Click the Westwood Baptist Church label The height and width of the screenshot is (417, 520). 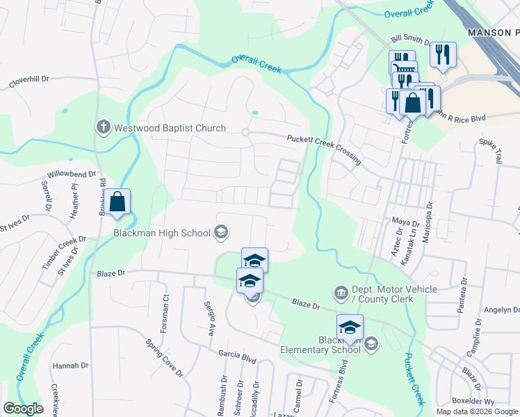point(170,128)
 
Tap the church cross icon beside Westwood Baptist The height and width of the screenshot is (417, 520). point(102,127)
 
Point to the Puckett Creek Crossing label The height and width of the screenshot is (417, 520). point(325,149)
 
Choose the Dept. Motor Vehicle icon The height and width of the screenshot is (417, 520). point(341,291)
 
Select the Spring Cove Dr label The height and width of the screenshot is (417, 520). point(163,358)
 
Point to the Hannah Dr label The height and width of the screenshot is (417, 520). point(70,366)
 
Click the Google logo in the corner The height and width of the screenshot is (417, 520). point(23,409)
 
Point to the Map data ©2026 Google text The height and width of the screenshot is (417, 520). point(477,411)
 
